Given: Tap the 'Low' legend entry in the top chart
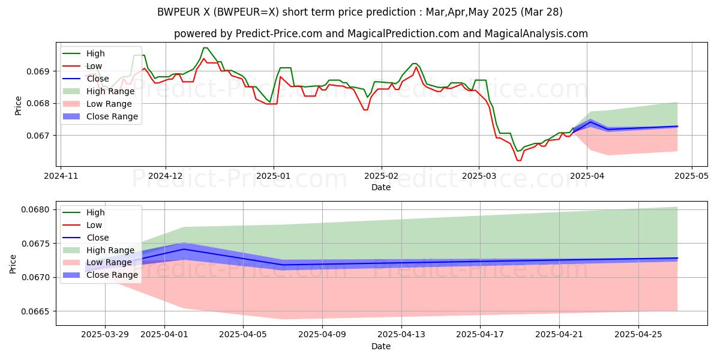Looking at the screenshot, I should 94,66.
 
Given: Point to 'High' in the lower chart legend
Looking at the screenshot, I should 96,212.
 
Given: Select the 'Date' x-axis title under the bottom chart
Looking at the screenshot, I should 381,346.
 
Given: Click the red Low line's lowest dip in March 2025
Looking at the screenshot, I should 518,160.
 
